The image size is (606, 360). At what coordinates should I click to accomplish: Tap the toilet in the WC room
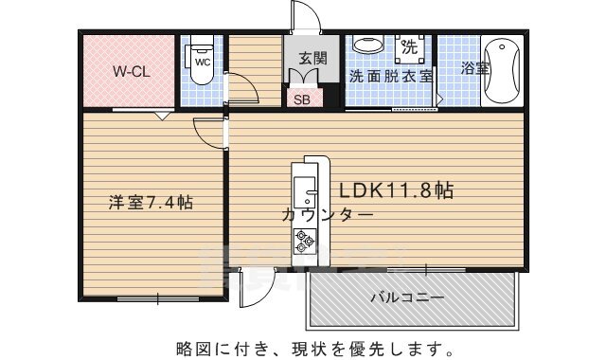pos(200,59)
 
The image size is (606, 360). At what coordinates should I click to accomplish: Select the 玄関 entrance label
pos(311,59)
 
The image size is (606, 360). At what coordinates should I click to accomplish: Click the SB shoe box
pos(301,98)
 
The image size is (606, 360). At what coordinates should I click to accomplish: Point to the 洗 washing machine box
pos(410,45)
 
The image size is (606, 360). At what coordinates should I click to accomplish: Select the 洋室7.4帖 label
pos(151,202)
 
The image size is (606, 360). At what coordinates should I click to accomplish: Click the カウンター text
pos(327,215)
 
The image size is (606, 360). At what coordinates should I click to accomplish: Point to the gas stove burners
pos(305,245)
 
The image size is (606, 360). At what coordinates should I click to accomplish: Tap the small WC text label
pos(202,63)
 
